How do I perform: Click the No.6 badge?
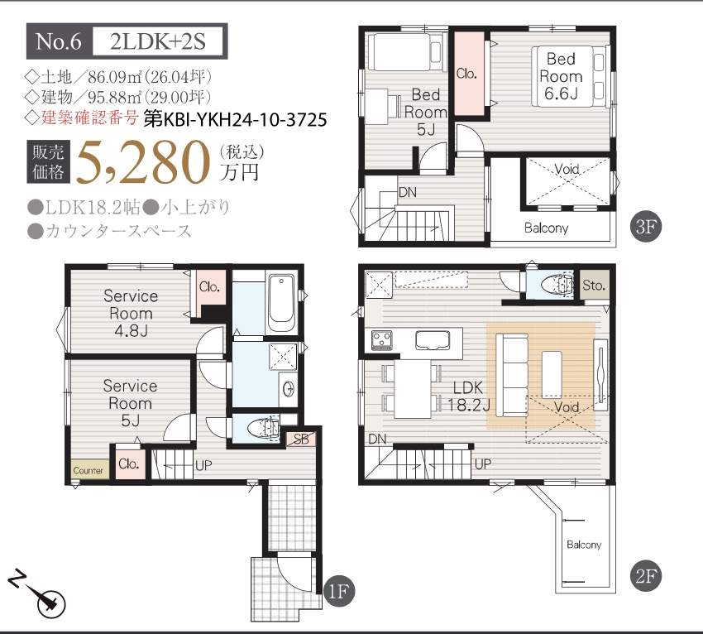[60, 41]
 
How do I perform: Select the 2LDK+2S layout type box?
[158, 41]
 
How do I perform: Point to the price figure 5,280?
[143, 162]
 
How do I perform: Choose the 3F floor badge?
[646, 226]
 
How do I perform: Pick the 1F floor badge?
[338, 591]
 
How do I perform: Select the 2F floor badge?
[646, 576]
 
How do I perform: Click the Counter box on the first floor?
[89, 470]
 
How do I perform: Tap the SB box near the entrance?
[301, 439]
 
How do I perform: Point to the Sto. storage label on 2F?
[594, 286]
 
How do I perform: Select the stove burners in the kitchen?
[382, 340]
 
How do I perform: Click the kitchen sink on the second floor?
[433, 340]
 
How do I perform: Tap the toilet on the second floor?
[557, 285]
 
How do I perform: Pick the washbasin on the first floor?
[289, 387]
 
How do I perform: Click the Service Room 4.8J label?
[131, 313]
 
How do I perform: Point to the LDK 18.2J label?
[469, 396]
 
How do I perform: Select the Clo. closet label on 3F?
[466, 73]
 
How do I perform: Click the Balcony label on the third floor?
[546, 228]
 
